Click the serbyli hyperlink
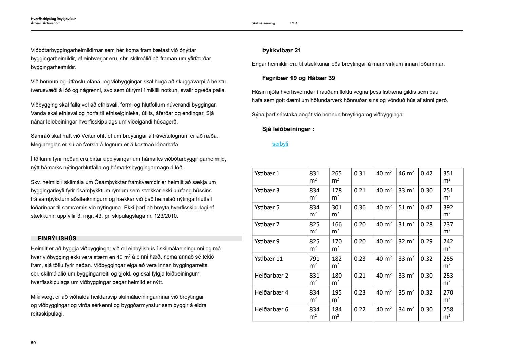pos(280,144)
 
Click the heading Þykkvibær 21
pos(281,50)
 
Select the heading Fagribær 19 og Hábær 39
pos(298,78)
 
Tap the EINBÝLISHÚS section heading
pos(57,238)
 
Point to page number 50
pos(33,343)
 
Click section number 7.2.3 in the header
pos(293,23)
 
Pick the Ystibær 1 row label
pos(267,173)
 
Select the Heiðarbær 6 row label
pos(271,309)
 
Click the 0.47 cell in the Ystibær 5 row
pos(427,207)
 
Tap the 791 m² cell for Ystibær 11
pos(315,262)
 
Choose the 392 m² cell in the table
pos(448,210)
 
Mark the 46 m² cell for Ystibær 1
pos(406,173)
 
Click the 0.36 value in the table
pos(360,207)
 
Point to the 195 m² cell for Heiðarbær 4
pos(337,296)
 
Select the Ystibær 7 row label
pos(267,224)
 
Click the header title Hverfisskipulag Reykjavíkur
pos(53,19)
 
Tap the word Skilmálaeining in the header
pos(263,23)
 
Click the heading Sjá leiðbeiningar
pos(288,129)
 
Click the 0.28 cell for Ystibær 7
pos(427,224)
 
